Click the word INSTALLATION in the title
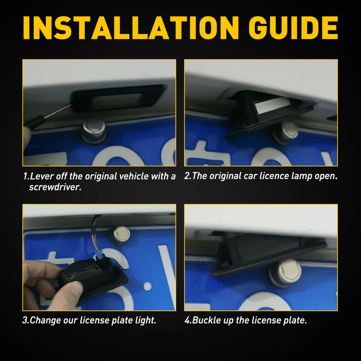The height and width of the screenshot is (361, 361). [x=131, y=28]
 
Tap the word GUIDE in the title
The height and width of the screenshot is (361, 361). [x=293, y=28]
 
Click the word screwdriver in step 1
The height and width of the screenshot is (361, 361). [x=55, y=187]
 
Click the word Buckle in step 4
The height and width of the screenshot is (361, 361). [x=206, y=320]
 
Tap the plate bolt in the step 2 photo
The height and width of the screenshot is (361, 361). [x=286, y=132]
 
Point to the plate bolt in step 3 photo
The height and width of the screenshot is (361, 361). [x=121, y=235]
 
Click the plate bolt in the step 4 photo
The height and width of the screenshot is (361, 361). [x=285, y=273]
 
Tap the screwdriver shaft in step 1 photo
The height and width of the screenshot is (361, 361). [x=57, y=112]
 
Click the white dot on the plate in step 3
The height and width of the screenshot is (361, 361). [x=147, y=287]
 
